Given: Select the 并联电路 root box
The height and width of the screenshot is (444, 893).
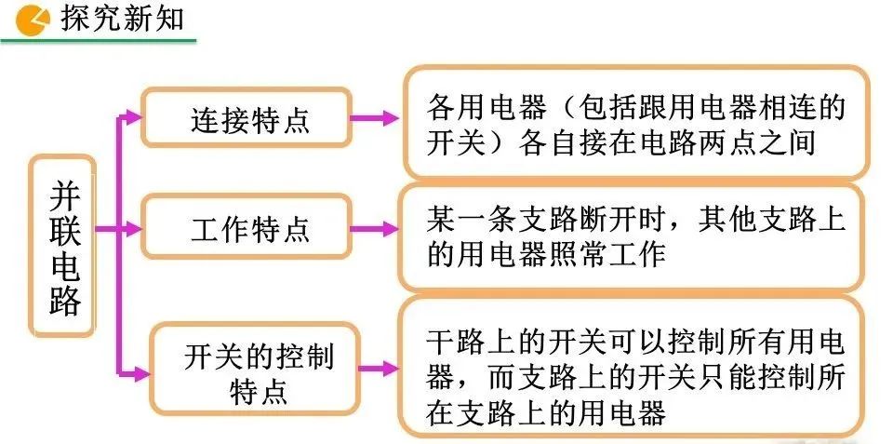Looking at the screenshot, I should pyautogui.click(x=63, y=248).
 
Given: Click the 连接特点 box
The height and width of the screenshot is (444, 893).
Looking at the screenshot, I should pyautogui.click(x=247, y=118).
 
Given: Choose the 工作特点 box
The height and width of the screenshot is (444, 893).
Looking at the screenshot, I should pyautogui.click(x=247, y=228).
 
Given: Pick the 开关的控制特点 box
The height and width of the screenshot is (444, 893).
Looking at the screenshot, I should pyautogui.click(x=256, y=370).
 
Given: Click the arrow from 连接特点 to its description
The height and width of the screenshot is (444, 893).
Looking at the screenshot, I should pyautogui.click(x=376, y=118).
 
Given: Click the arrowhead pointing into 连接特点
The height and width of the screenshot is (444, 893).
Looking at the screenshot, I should pyautogui.click(x=134, y=117).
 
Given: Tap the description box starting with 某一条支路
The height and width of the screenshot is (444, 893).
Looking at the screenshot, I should pyautogui.click(x=636, y=236).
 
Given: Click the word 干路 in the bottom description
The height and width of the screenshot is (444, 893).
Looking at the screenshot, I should pyautogui.click(x=456, y=343).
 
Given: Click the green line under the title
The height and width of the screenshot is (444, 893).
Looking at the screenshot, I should pyautogui.click(x=98, y=39).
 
